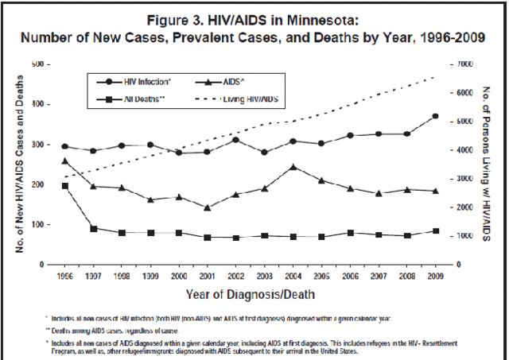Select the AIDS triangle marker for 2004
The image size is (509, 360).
pos(293,167)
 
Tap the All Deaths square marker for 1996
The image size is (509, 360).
pos(64,185)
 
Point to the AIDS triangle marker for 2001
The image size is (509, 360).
pos(207,207)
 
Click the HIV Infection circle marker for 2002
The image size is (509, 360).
pos(235,140)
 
